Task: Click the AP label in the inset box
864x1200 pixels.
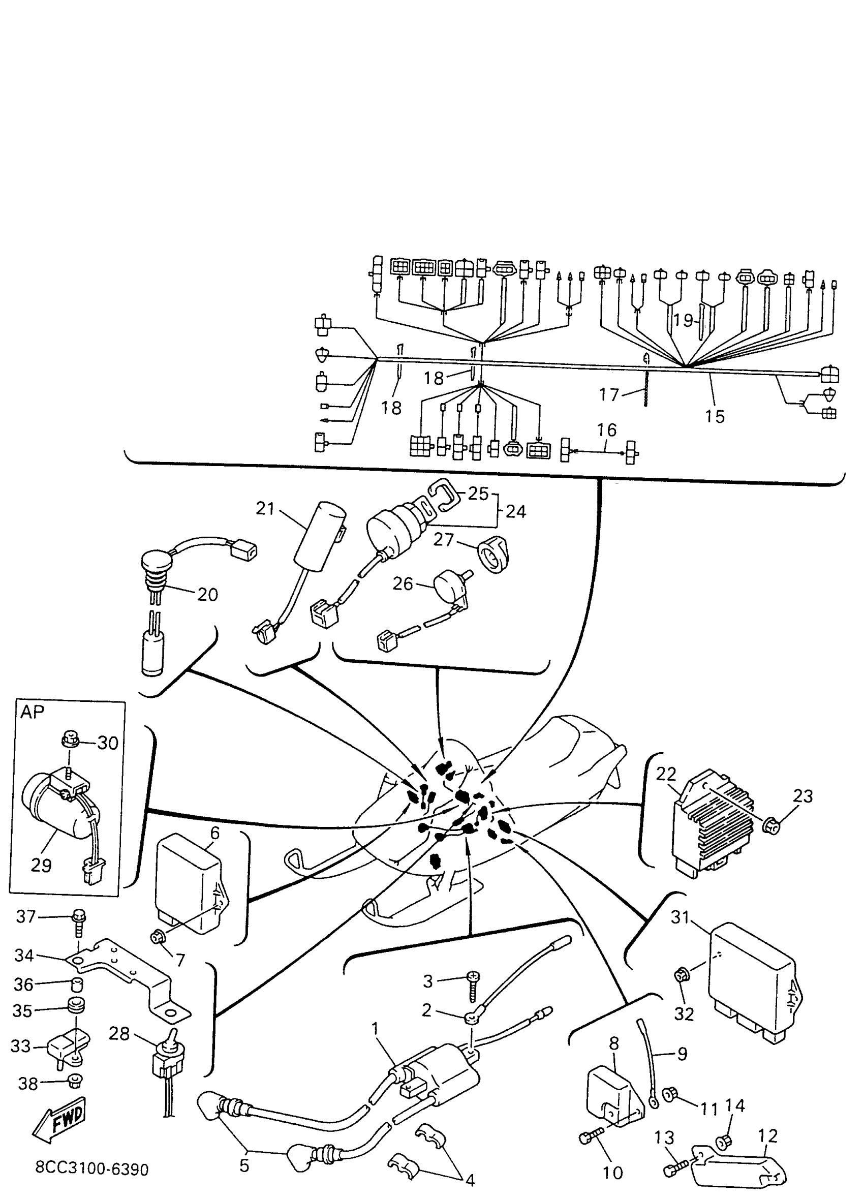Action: click(x=33, y=712)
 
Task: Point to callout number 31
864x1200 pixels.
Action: click(x=681, y=917)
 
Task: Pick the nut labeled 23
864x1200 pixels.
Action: click(x=772, y=824)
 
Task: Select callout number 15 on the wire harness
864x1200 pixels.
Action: click(x=715, y=416)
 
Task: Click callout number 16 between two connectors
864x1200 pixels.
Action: click(x=607, y=429)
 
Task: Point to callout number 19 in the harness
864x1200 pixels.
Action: click(x=683, y=320)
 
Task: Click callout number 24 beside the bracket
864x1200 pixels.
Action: click(x=516, y=511)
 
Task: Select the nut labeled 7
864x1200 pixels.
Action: click(x=157, y=938)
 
